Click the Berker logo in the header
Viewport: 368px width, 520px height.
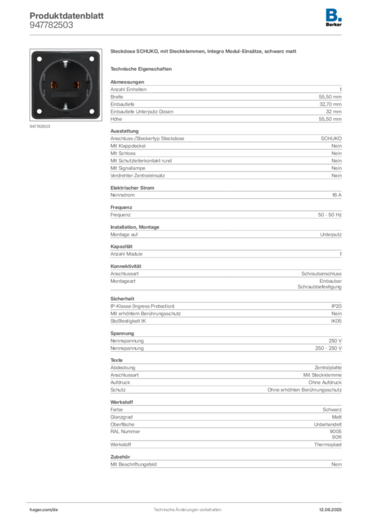333,18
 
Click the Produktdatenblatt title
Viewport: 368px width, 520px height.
67,16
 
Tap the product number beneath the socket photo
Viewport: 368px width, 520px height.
40,126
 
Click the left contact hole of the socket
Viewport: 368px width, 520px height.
54,85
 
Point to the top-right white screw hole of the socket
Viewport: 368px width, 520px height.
92,59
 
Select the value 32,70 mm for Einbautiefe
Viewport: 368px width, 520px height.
330,104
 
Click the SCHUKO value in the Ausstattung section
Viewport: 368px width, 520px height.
331,138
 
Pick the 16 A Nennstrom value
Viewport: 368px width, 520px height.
337,195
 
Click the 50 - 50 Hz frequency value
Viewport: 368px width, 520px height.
329,215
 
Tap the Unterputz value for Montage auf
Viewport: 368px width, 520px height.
331,235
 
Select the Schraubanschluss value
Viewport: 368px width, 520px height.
321,274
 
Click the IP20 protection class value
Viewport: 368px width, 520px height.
336,306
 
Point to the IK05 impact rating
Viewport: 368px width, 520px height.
336,321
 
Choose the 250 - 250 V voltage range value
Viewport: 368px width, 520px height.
328,348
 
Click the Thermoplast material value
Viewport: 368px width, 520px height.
328,444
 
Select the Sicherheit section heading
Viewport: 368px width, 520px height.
122,299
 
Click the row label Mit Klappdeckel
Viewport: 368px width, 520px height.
128,146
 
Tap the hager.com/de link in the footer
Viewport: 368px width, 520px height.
44,510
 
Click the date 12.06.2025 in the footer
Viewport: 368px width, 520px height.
330,510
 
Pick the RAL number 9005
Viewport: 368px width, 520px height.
335,432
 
